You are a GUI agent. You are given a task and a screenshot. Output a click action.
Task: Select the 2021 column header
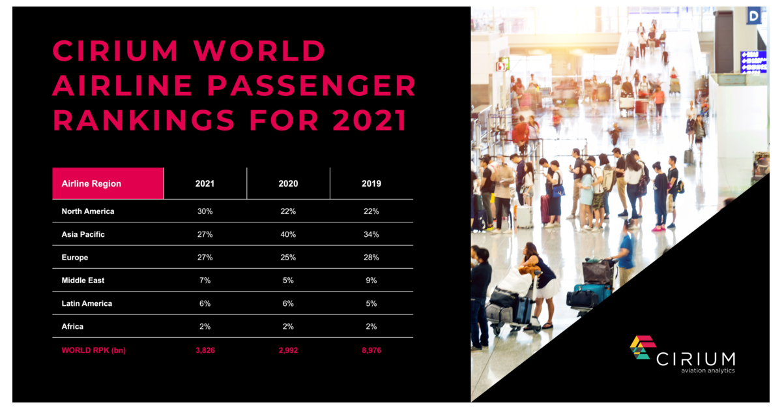(205, 183)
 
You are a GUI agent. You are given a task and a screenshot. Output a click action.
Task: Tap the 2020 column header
(288, 183)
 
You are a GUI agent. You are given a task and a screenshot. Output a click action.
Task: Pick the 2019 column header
(371, 183)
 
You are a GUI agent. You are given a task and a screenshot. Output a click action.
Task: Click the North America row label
(88, 211)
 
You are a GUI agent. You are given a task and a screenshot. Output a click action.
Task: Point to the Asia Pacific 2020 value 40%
(288, 234)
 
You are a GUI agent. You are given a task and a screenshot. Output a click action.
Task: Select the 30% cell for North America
(205, 211)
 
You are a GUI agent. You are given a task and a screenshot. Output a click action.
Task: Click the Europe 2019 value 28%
(371, 257)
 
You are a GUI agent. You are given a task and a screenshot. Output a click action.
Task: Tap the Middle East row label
(83, 280)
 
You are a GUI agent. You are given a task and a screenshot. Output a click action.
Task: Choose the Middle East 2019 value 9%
(371, 280)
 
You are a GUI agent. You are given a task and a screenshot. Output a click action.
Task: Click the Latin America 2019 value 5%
(371, 303)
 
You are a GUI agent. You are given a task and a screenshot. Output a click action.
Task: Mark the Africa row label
(72, 326)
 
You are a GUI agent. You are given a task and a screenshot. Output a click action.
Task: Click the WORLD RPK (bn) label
(93, 350)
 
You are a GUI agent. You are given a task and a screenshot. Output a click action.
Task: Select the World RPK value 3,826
(205, 350)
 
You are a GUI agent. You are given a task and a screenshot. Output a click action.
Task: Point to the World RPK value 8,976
(371, 350)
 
